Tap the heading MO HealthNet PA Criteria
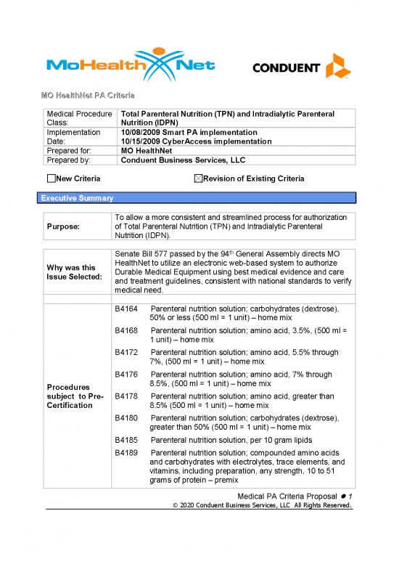click(89, 96)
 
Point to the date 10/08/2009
click(140, 133)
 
